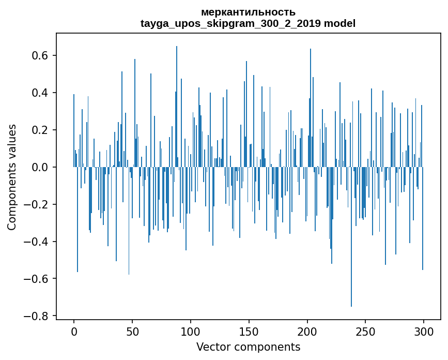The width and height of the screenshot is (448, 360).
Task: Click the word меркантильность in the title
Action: coord(248,12)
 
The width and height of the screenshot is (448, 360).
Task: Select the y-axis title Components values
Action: coord(12,177)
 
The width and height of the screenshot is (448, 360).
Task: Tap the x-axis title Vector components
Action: coord(248,347)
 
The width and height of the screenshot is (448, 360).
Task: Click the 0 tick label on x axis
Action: coord(74,331)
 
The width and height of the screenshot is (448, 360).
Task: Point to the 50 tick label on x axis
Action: coord(132,331)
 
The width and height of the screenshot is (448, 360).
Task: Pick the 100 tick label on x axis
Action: coord(191,331)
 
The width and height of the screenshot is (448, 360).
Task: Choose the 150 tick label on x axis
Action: coord(249,331)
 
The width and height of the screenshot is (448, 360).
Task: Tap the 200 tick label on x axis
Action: coord(307,331)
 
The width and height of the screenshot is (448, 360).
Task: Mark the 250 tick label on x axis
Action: coord(365,331)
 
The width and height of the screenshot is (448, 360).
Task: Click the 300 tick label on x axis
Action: coord(424,331)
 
